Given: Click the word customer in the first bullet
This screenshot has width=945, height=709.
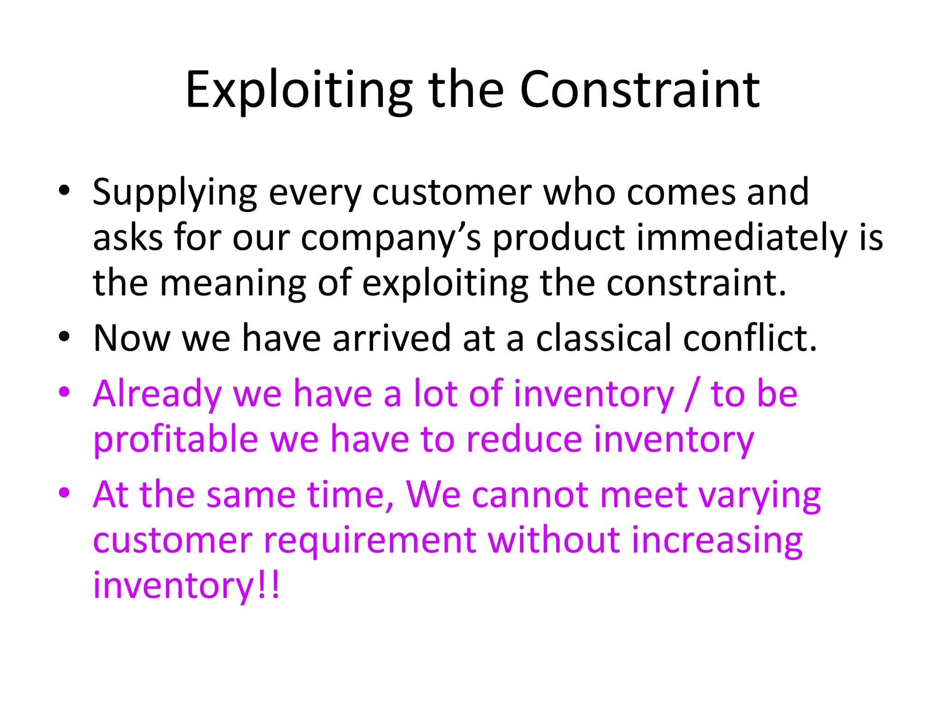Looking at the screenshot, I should tap(452, 192).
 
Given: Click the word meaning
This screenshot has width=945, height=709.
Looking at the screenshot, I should tap(233, 283).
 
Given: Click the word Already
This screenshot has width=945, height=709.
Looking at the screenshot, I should tap(157, 394).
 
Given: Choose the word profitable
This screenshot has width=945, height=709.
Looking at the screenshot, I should tap(175, 439).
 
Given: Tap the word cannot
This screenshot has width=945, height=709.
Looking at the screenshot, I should tap(530, 495).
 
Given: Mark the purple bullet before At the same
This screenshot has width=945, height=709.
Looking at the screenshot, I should tap(64, 493).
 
